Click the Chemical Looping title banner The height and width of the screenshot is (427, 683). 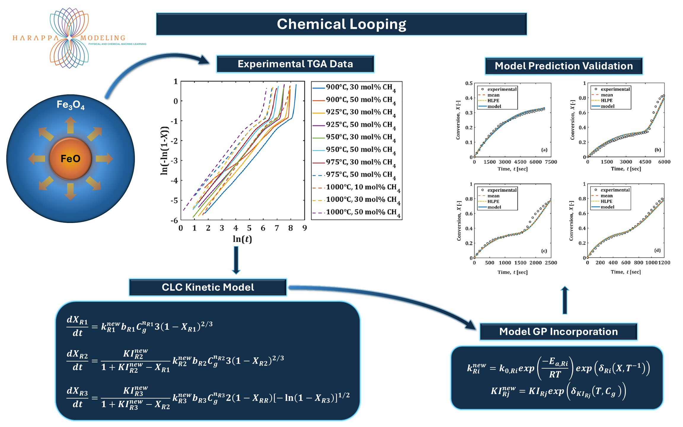(x=341, y=24)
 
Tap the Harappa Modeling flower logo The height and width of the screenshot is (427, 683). (x=69, y=38)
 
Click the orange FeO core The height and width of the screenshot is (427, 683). (x=71, y=159)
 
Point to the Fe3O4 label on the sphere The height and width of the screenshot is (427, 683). (x=71, y=105)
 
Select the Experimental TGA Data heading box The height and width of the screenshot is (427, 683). (x=295, y=64)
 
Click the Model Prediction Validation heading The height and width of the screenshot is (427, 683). (x=564, y=66)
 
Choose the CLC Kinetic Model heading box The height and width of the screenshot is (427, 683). (x=208, y=287)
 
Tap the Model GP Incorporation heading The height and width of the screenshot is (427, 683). (x=558, y=332)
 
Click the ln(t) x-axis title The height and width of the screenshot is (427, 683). (x=242, y=239)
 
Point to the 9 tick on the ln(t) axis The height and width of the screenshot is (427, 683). (x=304, y=228)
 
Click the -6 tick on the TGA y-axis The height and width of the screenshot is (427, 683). (x=174, y=220)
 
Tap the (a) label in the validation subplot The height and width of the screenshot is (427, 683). (x=544, y=150)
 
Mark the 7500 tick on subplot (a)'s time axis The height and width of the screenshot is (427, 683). (x=551, y=162)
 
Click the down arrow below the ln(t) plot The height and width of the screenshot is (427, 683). (x=236, y=260)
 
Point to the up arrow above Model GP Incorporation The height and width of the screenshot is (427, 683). (x=565, y=300)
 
